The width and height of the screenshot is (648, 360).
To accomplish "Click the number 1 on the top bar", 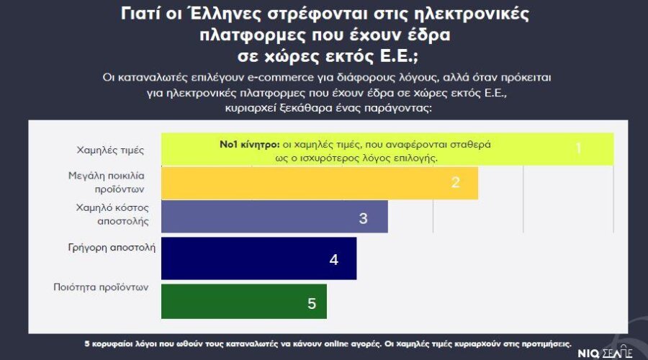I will pyautogui.click(x=578, y=149).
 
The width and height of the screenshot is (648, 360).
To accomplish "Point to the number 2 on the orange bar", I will pyautogui.click(x=455, y=182).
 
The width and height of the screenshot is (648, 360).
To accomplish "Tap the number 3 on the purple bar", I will pyautogui.click(x=364, y=218).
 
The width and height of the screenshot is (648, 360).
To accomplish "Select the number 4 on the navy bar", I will pyautogui.click(x=333, y=259).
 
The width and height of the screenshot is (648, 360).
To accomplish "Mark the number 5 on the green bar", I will pyautogui.click(x=312, y=303).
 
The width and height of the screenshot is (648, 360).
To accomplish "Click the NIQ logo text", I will pyautogui.click(x=590, y=353).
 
